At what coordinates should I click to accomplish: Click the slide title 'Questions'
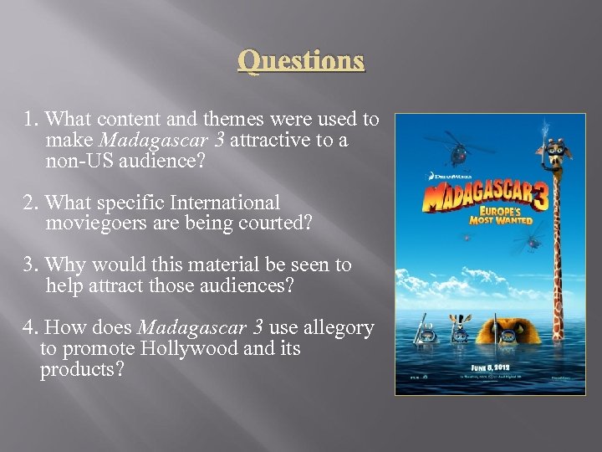[301, 61]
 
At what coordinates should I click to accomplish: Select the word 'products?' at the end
[81, 369]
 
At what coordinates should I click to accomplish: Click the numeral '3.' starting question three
[32, 265]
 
